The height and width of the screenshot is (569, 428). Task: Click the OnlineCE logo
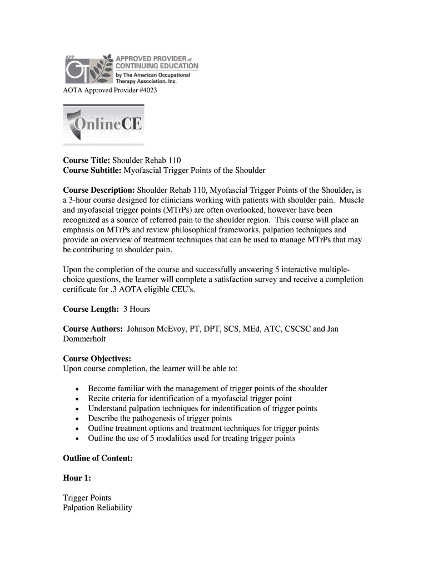(104, 125)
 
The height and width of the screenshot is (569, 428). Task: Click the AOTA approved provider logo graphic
(131, 68)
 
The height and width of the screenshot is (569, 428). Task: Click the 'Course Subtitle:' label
(92, 170)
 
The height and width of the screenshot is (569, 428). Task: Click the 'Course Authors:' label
(93, 329)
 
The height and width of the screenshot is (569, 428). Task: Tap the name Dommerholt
(85, 339)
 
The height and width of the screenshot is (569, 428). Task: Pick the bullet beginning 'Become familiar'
(207, 389)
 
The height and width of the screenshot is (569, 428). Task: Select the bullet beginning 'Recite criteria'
(190, 398)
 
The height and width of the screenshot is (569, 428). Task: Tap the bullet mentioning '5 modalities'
(191, 438)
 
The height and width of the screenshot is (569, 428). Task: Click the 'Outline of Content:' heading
(97, 458)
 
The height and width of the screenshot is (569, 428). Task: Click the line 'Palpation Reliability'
(97, 508)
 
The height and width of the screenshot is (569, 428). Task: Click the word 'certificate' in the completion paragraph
(82, 289)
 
